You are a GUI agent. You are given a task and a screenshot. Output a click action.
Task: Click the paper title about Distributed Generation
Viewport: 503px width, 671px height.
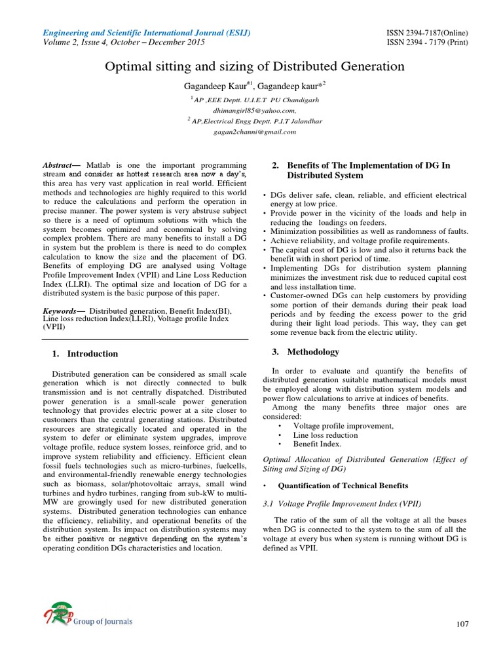251,67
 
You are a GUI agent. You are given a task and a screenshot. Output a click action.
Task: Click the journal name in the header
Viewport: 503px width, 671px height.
146,33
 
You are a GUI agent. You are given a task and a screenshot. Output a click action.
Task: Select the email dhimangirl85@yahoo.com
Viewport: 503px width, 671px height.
251,111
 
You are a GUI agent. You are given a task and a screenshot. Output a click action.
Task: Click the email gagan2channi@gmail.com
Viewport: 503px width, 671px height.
251,131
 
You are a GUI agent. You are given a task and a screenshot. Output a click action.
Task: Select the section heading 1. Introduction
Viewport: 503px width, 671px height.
84,354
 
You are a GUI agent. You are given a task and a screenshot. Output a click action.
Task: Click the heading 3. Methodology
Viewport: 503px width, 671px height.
305,352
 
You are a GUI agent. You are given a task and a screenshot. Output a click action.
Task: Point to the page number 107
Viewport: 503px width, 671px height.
462,624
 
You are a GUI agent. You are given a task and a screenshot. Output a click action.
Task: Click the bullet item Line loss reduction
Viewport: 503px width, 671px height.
325,434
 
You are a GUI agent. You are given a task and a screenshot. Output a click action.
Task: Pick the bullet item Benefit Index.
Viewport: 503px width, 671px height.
317,444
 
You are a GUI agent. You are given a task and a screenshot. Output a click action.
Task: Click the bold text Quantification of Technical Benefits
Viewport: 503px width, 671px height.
343,486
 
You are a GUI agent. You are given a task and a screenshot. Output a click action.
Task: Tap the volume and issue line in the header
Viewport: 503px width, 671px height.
124,43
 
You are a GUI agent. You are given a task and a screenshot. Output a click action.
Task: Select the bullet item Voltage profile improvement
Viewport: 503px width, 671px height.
343,426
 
